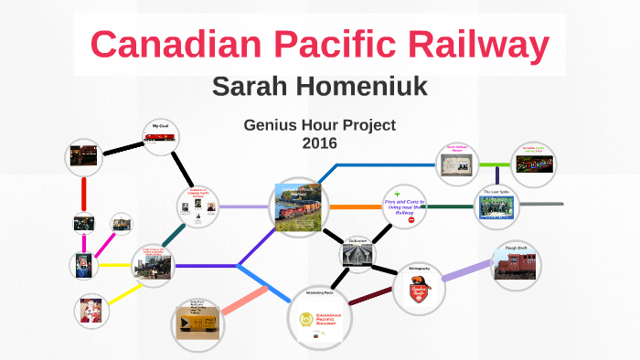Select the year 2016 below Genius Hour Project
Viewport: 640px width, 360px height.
coord(319,143)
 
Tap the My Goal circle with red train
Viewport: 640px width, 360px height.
coord(160,138)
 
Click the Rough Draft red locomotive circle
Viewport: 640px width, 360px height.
coord(517,263)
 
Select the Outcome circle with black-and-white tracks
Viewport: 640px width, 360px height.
coord(357,254)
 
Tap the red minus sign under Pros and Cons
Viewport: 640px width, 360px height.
coord(411,221)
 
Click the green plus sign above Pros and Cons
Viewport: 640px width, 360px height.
coord(398,194)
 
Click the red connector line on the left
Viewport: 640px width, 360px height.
coord(84,193)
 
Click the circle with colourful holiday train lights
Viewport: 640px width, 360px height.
coord(535,164)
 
